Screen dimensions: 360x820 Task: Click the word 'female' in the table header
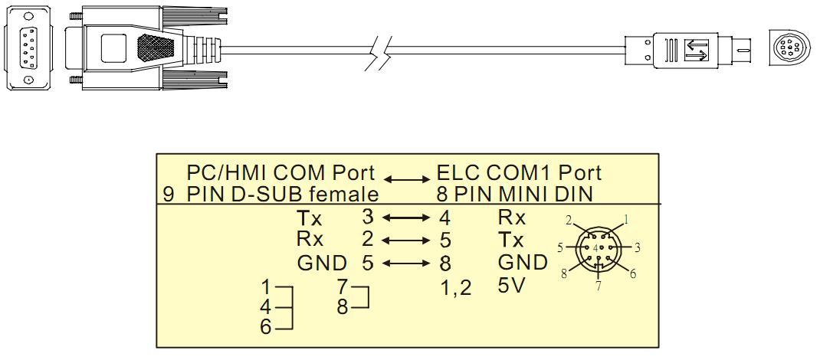point(339,194)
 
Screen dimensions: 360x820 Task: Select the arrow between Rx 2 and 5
point(405,241)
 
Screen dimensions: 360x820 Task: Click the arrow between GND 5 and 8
point(405,263)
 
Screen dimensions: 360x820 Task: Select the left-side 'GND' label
point(323,263)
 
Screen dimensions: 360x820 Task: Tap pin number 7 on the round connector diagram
point(599,286)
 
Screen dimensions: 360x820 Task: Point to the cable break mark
point(378,53)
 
